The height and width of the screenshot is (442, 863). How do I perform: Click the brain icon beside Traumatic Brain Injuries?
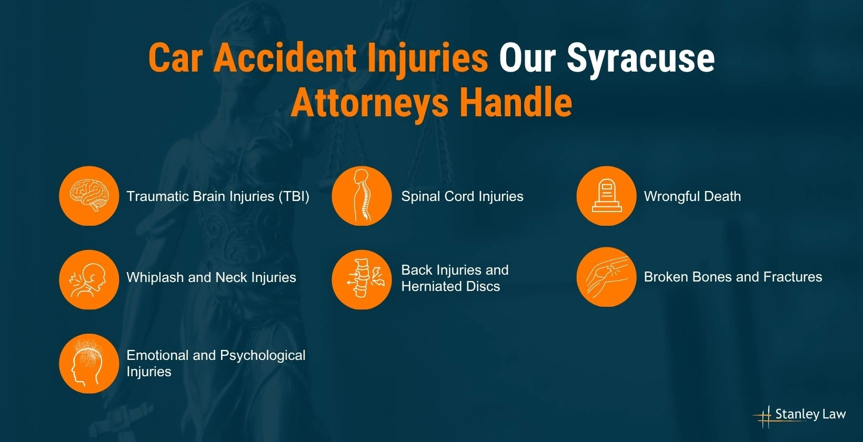tap(89, 196)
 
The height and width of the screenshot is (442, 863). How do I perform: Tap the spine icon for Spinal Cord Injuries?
tap(362, 196)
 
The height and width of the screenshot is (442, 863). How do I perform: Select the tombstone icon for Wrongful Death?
tap(606, 196)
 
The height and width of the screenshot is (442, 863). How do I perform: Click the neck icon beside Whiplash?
tap(89, 279)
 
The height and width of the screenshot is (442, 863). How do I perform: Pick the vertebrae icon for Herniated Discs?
tap(362, 279)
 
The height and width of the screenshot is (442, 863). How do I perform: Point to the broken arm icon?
tap(606, 277)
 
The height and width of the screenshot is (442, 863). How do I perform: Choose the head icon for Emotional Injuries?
tap(89, 363)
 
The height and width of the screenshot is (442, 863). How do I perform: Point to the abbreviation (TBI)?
tap(294, 196)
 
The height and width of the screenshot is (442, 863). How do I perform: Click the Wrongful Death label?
tap(692, 196)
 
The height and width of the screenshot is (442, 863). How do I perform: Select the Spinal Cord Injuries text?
tap(462, 196)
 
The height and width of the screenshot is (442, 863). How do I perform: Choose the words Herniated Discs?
tap(450, 286)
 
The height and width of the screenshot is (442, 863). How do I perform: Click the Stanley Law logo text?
tap(810, 415)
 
